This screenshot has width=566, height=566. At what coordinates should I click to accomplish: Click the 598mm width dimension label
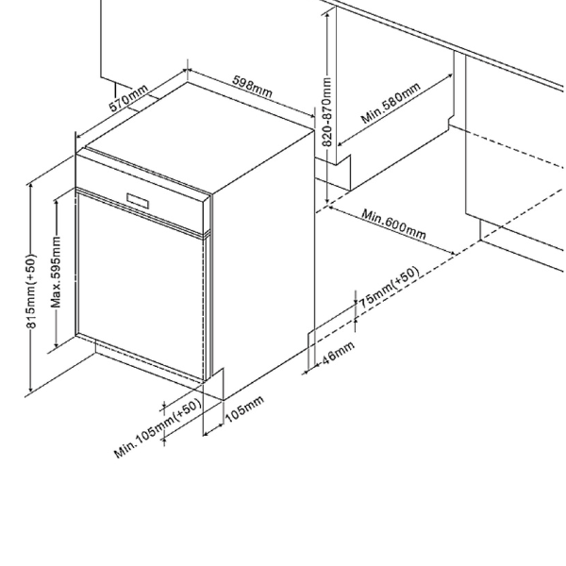click(x=252, y=86)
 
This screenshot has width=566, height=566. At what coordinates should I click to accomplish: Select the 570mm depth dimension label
click(x=128, y=99)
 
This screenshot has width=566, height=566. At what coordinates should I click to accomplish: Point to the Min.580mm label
click(x=391, y=104)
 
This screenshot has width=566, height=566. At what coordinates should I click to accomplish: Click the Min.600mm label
click(x=393, y=224)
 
